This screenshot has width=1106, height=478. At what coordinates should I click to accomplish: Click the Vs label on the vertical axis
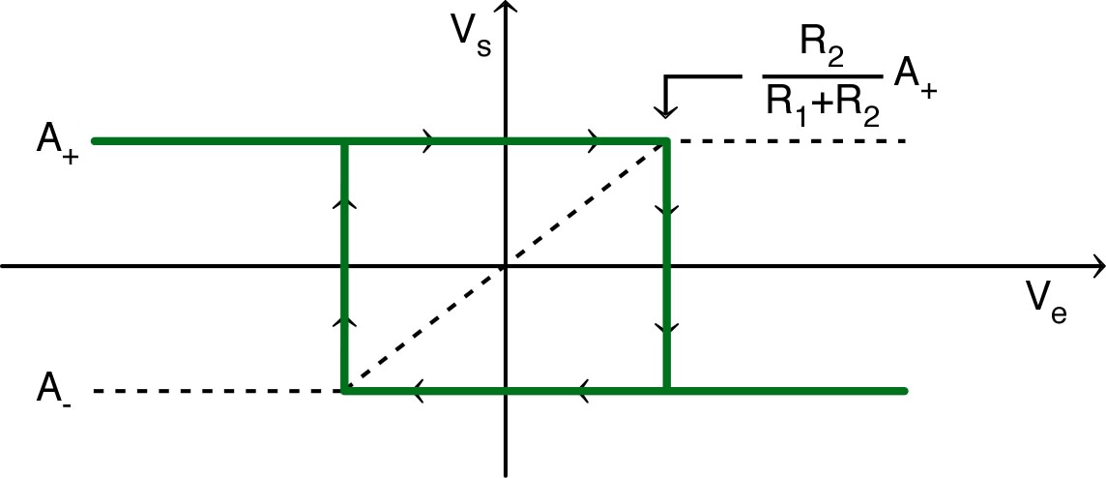475,36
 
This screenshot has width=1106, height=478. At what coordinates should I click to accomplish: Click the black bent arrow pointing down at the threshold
667,95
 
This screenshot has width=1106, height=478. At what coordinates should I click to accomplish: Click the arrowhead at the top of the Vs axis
506,9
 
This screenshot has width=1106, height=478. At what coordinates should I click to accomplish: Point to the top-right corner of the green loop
666,142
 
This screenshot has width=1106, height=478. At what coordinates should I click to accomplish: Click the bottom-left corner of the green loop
345,391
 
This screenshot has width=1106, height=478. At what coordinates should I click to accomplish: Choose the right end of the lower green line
904,391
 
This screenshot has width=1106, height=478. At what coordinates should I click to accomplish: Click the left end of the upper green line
96,142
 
